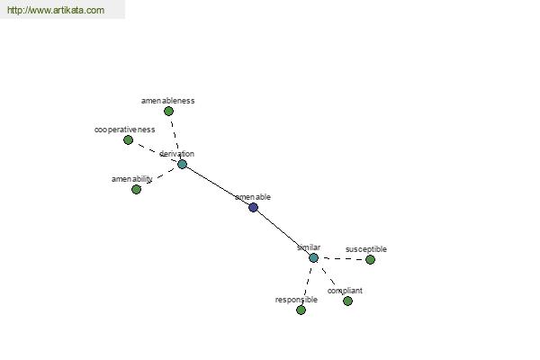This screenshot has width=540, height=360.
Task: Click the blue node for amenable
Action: tap(253, 207)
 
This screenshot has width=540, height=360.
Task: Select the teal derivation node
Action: tap(182, 164)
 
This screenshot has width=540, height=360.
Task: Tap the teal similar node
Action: tap(313, 257)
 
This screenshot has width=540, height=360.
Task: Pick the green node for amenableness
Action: tap(168, 111)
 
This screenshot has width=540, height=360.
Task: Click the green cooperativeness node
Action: tap(128, 139)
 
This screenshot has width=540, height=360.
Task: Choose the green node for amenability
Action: tap(137, 189)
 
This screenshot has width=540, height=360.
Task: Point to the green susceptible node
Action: tap(370, 259)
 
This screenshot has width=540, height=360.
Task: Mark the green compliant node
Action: tap(347, 301)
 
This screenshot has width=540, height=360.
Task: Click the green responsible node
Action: tap(301, 310)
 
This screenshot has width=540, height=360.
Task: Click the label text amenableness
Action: tap(168, 101)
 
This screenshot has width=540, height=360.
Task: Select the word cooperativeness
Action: tap(125, 130)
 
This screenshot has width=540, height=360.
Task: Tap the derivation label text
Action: tap(176, 154)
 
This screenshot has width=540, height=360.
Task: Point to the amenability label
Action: tap(132, 179)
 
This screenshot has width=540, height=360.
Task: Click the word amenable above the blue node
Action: tap(253, 197)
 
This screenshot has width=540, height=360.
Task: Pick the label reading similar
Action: tap(309, 247)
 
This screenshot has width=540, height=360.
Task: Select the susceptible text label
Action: tap(366, 249)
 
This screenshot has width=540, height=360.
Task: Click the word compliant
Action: tap(345, 291)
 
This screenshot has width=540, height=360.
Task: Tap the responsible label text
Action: tap(296, 300)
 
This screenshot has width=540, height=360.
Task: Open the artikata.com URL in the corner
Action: tap(56, 10)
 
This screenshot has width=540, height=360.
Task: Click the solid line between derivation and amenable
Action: tap(218, 185)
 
